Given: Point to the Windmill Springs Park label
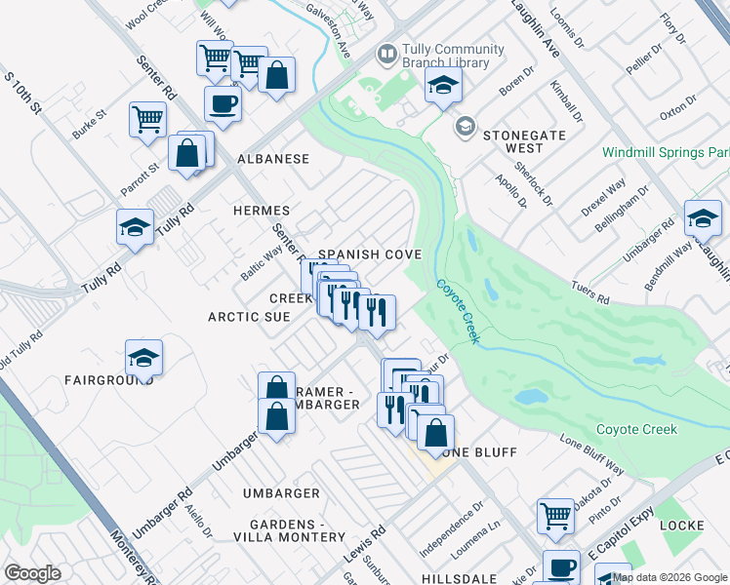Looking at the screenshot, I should (665, 153).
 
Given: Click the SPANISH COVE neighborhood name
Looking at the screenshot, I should (370, 254).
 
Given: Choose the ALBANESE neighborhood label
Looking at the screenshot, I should (273, 159).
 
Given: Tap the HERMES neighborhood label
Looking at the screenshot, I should (261, 211).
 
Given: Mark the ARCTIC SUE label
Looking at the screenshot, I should (249, 317).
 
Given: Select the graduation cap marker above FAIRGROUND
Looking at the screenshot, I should (143, 357).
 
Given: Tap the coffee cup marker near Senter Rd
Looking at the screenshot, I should (223, 102).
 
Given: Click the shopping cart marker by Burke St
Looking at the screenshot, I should (147, 119).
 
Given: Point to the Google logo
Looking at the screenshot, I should (32, 573).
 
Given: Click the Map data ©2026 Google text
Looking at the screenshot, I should (669, 577).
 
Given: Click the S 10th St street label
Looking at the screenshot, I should (25, 91).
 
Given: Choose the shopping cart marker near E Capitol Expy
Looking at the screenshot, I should (555, 514).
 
